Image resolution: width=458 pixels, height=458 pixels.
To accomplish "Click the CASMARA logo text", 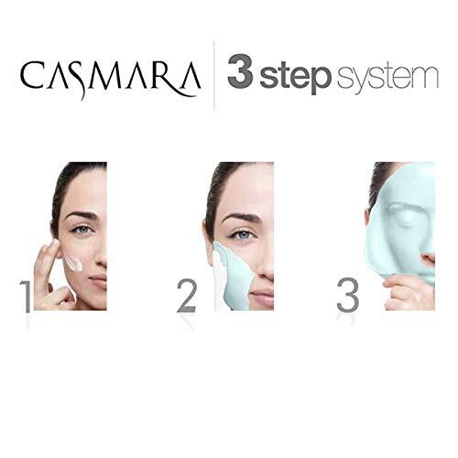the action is tap(110, 78).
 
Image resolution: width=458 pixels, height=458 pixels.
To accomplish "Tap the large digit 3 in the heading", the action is tap(240, 71).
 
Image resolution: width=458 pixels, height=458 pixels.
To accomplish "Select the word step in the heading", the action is tap(295, 76).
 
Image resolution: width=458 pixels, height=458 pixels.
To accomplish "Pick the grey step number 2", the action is tap(187, 297).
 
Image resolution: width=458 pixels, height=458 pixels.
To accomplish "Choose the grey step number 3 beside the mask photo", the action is tap(347, 295).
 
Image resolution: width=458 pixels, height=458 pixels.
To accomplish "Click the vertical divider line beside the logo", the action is tap(214, 75).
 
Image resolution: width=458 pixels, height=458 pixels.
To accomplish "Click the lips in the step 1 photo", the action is tap(100, 281).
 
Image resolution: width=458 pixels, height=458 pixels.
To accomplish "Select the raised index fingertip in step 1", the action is tap(55, 244).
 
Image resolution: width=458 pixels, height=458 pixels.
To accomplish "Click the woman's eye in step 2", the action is tap(243, 234).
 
